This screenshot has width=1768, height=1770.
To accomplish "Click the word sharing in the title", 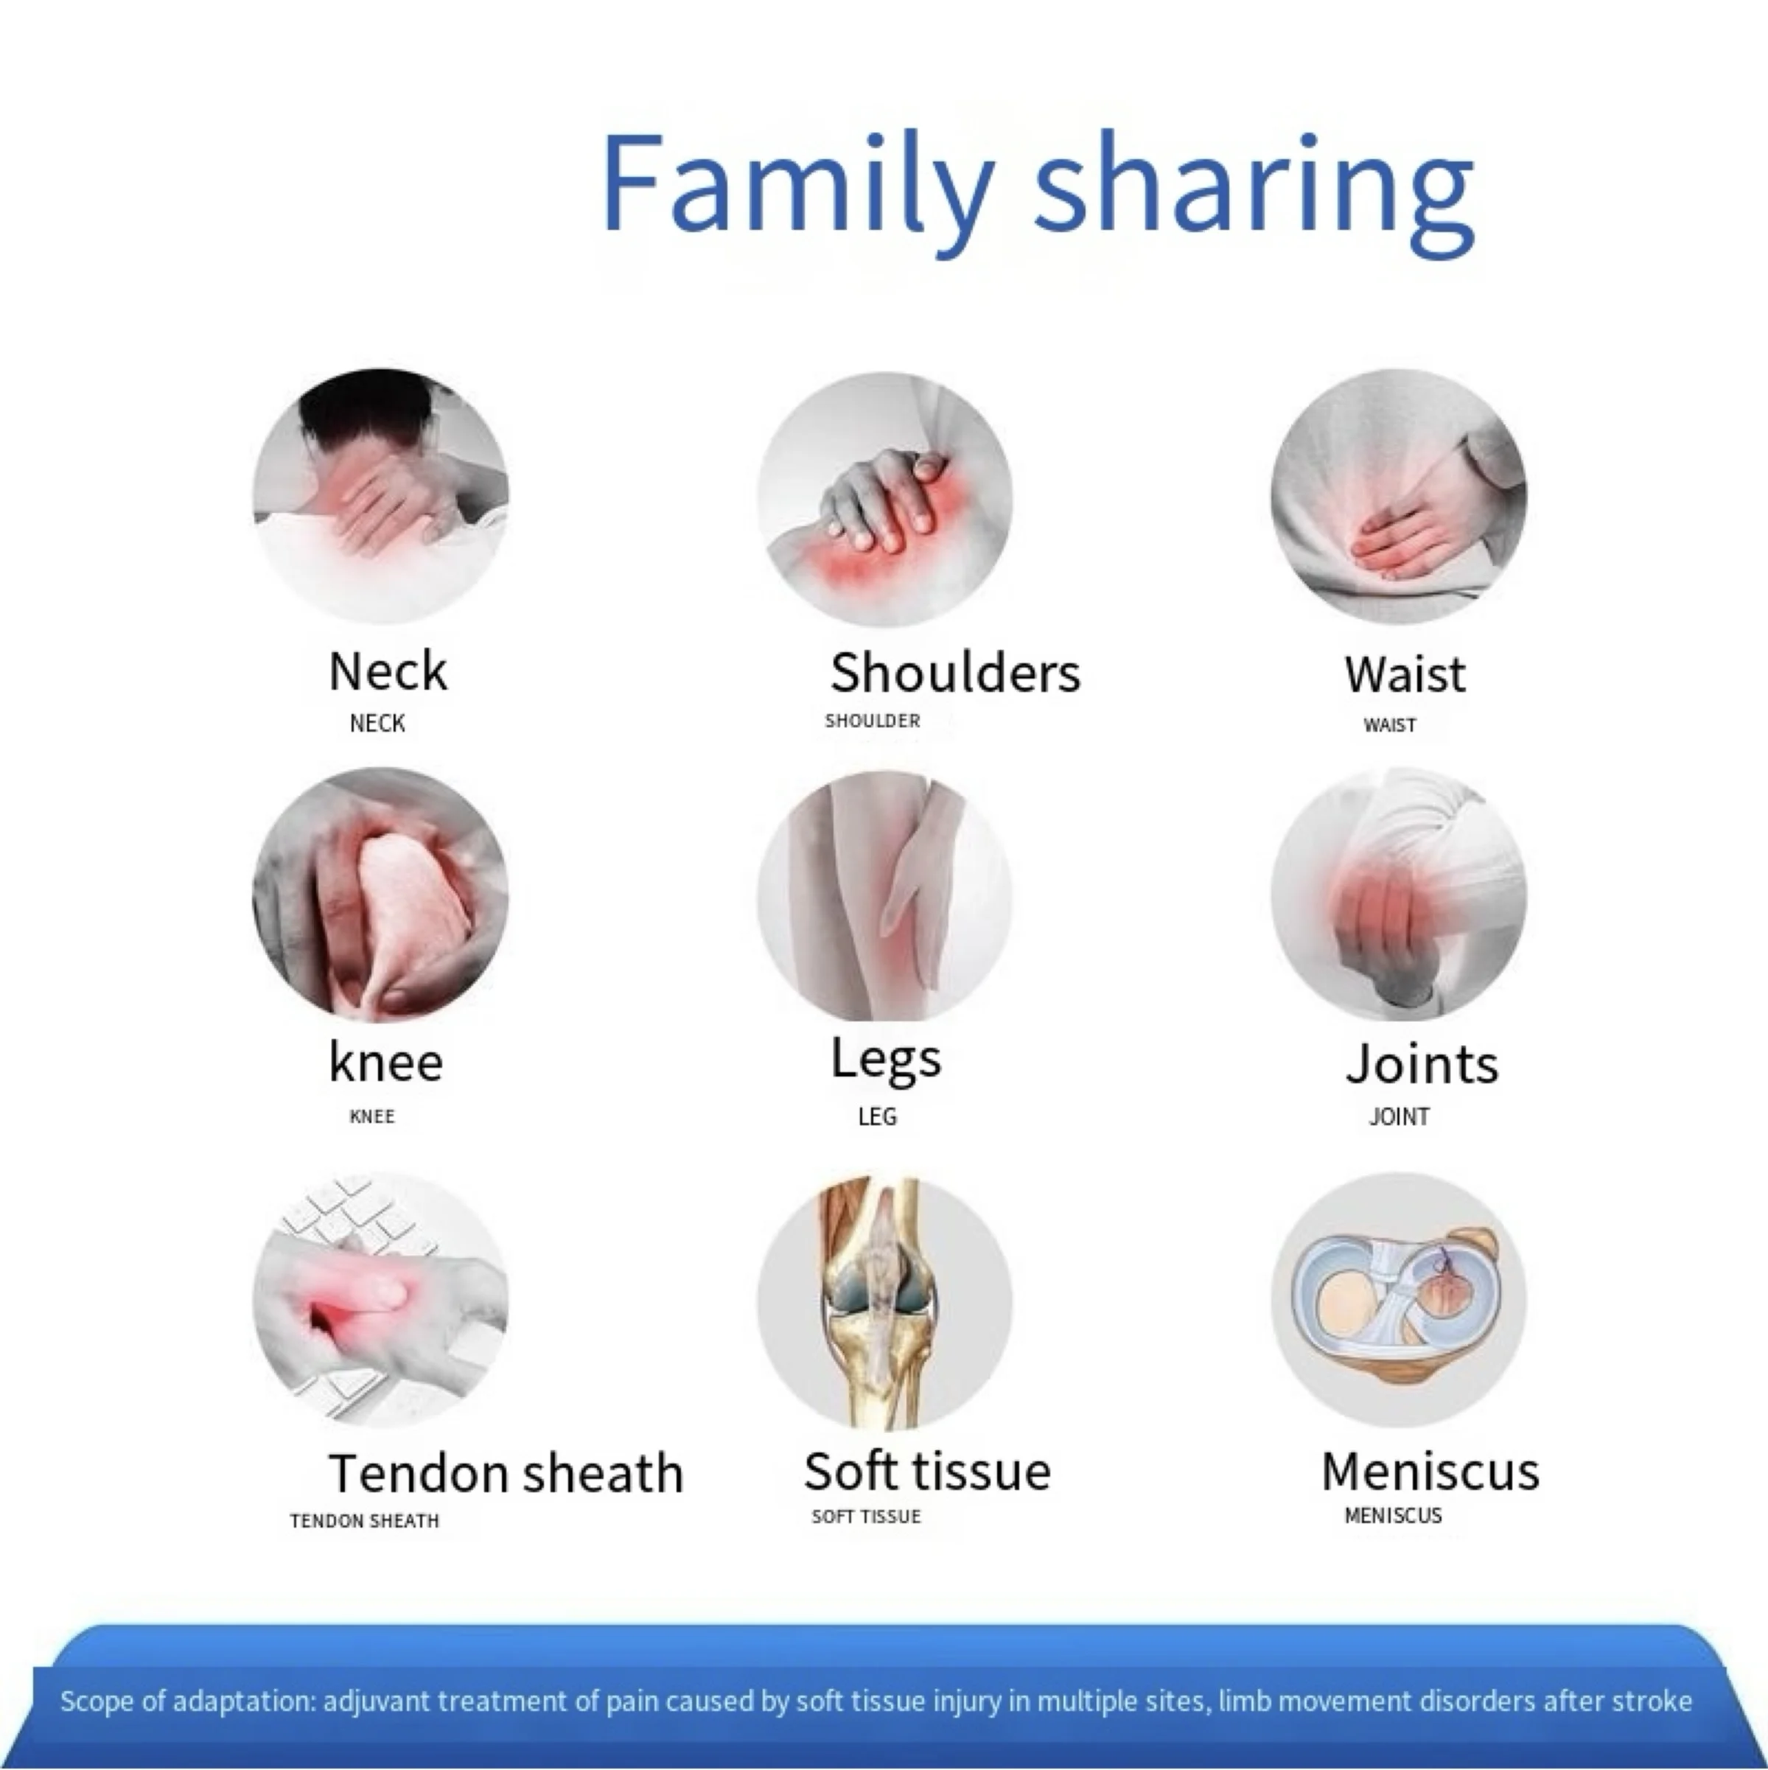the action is click(x=1256, y=192).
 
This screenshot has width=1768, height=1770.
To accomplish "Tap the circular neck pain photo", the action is click(x=380, y=497).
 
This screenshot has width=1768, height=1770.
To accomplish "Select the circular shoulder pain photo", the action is click(x=885, y=500).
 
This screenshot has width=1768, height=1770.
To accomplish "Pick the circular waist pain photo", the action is click(x=1399, y=497).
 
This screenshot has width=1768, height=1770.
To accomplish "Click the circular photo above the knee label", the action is click(x=380, y=894).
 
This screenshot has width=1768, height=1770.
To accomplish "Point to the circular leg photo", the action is click(x=885, y=896).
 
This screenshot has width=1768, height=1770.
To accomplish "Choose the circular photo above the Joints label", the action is click(x=1399, y=894).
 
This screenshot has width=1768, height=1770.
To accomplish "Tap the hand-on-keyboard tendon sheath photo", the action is click(x=380, y=1299).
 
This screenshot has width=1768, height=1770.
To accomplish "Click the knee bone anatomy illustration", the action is click(x=885, y=1303).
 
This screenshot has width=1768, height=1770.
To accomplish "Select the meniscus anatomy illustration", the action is click(x=1399, y=1299).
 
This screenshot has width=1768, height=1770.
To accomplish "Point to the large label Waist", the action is click(x=1405, y=674).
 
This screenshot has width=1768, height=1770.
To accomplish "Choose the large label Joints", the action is click(x=1422, y=1063).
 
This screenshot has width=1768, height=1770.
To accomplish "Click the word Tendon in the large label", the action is click(x=418, y=1473).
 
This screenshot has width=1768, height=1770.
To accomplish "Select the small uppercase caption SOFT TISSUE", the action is click(x=866, y=1517).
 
